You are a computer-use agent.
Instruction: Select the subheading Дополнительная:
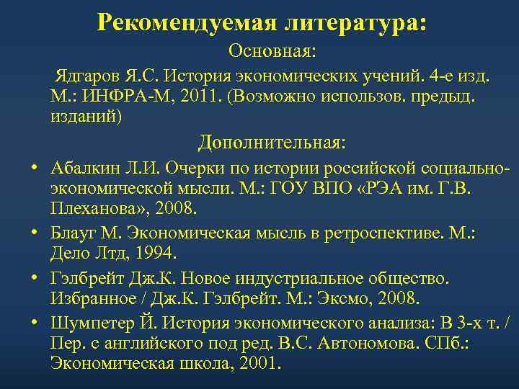[272, 142]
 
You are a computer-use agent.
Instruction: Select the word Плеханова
[94, 209]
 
